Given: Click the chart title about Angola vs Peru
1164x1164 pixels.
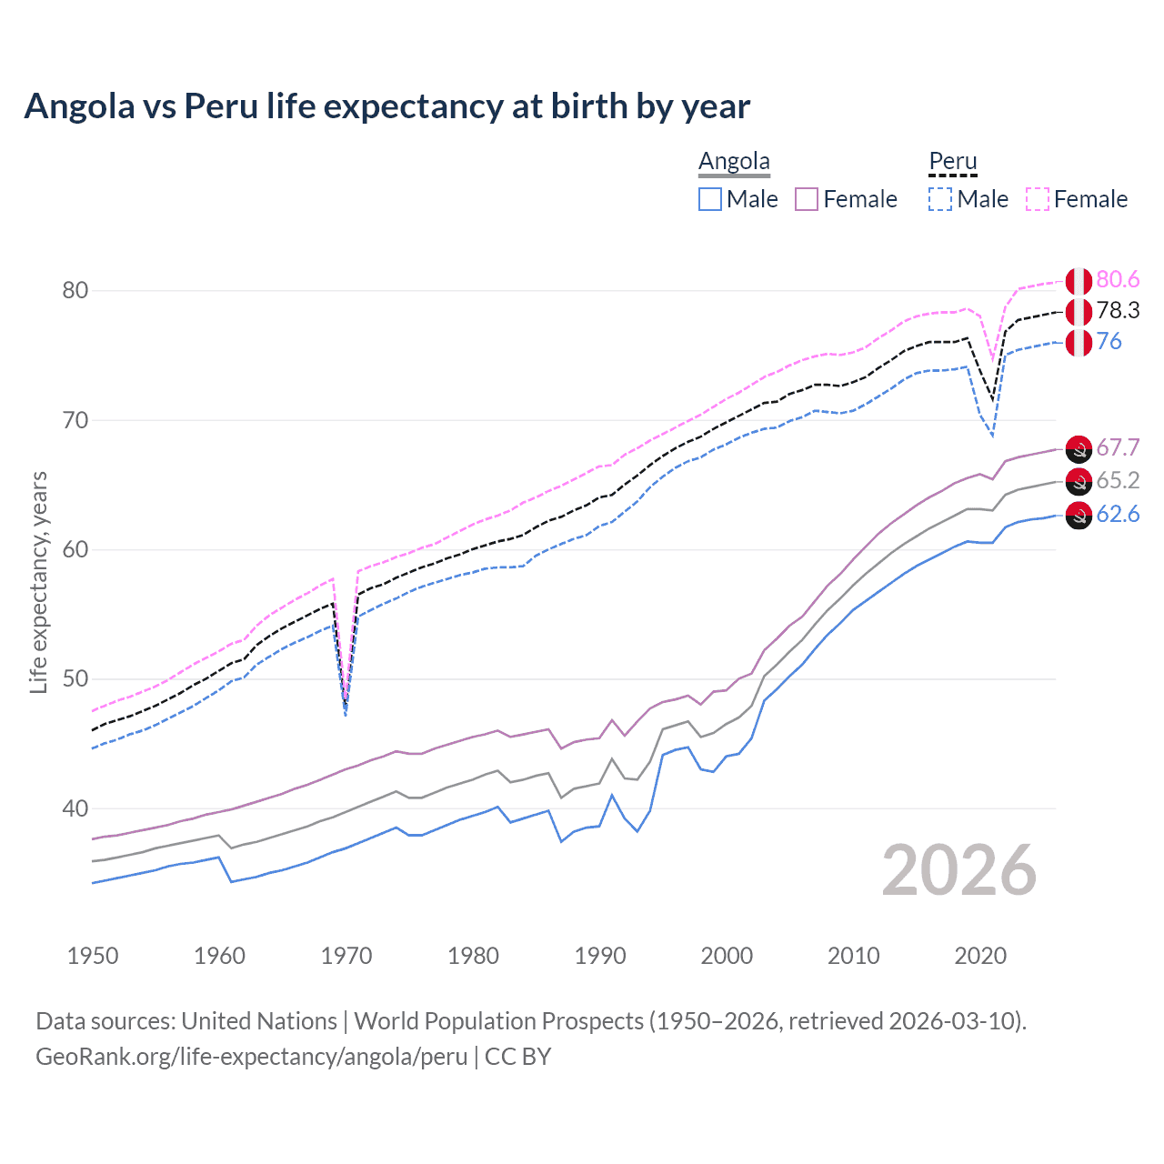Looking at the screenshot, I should click(386, 106).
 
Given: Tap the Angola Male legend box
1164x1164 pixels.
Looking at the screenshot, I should click(710, 199).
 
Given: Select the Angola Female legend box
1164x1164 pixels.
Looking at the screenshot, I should click(808, 199).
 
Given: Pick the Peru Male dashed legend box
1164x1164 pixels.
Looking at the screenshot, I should click(940, 199).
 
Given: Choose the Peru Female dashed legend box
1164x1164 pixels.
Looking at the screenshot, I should click(1038, 199).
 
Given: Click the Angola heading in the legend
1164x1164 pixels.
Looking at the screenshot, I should click(734, 161).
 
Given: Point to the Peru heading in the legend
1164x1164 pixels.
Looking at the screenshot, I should click(952, 161).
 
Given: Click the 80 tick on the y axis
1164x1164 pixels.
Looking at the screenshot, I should click(75, 291).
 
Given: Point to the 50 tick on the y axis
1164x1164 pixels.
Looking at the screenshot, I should click(75, 679).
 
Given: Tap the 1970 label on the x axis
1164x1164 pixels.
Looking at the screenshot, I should click(346, 956).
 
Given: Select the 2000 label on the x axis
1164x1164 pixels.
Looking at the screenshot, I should click(727, 956).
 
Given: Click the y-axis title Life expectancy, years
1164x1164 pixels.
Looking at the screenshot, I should click(38, 582).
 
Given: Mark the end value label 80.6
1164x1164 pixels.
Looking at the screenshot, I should click(1118, 280).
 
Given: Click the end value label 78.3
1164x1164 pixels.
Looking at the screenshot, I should click(1118, 311).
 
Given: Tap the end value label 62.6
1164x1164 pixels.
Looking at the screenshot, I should click(1118, 515).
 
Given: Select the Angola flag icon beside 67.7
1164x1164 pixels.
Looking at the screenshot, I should click(1079, 448).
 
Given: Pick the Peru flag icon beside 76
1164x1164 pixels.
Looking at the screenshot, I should click(1079, 343).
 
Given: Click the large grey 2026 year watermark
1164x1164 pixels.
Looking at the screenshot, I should click(959, 870).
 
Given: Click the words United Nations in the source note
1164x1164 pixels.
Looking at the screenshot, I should click(259, 1021).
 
